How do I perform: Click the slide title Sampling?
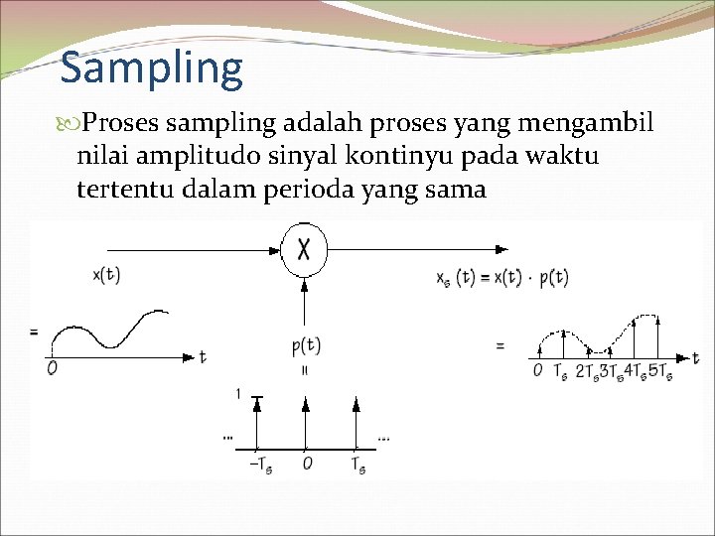coord(151,68)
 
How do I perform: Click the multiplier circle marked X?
coord(305,249)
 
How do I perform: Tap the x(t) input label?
coord(106,275)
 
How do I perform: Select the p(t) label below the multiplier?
coord(306,345)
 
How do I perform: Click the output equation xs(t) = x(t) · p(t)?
coord(501,278)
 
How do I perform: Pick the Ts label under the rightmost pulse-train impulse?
coord(357,465)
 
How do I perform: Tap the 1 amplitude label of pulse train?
coord(236,394)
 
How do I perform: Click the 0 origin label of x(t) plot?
coord(52,368)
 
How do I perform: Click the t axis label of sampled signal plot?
coord(695,358)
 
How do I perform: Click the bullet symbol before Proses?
coord(70,124)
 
